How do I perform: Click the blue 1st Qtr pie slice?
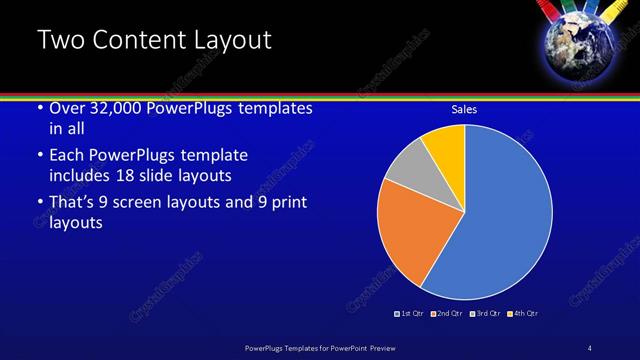click(x=505, y=215)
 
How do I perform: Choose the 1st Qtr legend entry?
click(x=409, y=314)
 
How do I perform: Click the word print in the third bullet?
click(x=285, y=203)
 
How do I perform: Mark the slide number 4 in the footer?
click(x=590, y=347)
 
